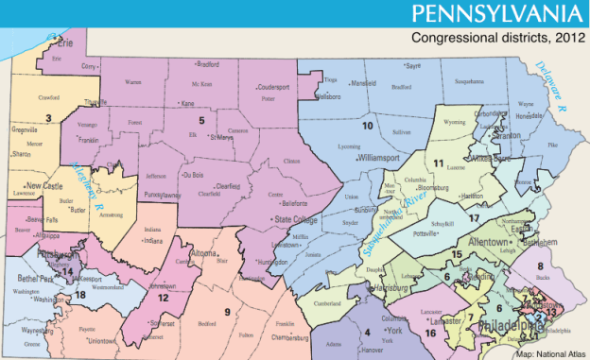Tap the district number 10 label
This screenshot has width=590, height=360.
(x=367, y=125)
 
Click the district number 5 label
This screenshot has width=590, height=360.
(x=200, y=121)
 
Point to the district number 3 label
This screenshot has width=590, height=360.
(x=47, y=118)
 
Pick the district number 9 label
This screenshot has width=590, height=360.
(x=227, y=312)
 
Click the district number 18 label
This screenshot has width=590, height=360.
(x=80, y=295)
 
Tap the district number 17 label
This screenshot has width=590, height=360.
(x=474, y=219)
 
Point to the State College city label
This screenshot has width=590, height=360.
(x=297, y=219)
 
